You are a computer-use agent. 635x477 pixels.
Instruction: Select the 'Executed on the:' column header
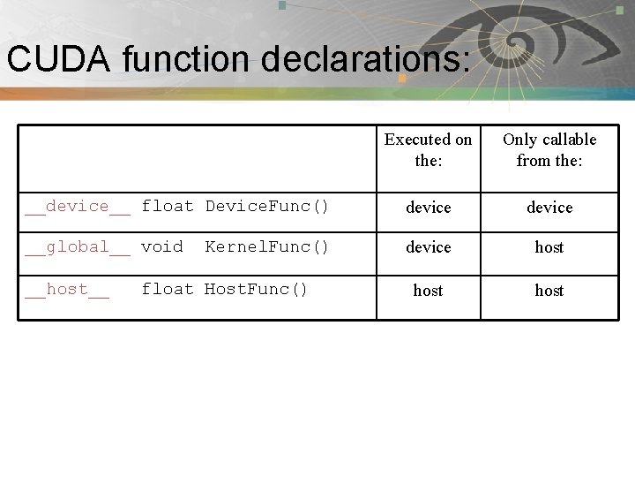tap(428, 150)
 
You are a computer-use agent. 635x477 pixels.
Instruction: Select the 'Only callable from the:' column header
tap(549, 150)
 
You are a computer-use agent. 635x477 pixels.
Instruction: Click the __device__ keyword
tap(78, 207)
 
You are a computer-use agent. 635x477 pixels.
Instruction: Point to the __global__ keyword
tap(78, 247)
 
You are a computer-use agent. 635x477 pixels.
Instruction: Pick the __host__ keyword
tap(67, 290)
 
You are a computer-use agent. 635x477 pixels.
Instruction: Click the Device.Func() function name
tap(267, 207)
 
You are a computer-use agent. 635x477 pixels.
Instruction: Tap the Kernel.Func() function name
tap(267, 247)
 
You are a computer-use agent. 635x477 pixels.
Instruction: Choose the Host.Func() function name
tap(257, 290)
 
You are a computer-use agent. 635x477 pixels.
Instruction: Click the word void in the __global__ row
tap(162, 247)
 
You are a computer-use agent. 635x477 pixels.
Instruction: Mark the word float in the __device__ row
tap(168, 207)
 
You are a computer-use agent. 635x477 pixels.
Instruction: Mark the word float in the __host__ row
tap(168, 290)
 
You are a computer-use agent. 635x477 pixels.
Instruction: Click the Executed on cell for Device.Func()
tap(428, 208)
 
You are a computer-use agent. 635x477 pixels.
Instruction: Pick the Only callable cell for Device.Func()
tap(549, 208)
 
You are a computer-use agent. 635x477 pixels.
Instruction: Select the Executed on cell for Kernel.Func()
tap(428, 247)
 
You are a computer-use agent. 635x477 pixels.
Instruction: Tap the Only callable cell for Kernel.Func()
tap(549, 247)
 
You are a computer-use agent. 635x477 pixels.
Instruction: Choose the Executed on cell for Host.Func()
tap(428, 290)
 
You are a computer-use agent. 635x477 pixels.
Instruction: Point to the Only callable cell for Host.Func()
tap(549, 290)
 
